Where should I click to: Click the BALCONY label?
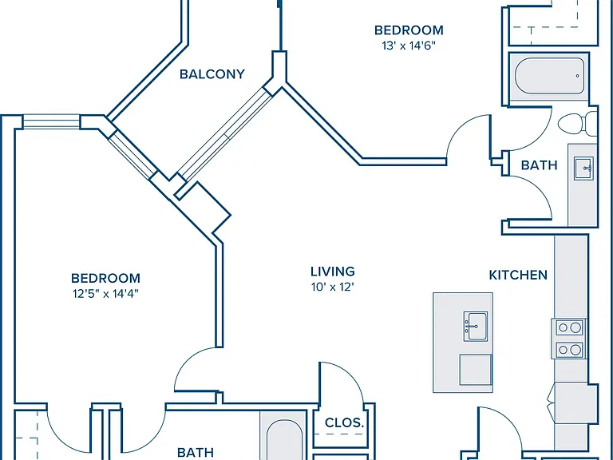[x=212, y=74]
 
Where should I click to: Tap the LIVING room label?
[x=333, y=272]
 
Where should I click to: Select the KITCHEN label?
[x=518, y=275]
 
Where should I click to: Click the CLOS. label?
[x=345, y=422]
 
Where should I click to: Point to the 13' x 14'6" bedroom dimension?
[x=409, y=46]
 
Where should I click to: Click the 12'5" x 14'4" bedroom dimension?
[x=105, y=294]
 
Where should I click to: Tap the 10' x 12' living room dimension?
[x=333, y=287]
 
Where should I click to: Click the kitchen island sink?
[x=476, y=326]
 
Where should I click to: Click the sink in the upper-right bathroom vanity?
[x=583, y=169]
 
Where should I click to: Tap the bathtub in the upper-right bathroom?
[x=550, y=76]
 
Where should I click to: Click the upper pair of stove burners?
[x=569, y=327]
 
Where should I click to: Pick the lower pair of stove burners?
[x=569, y=350]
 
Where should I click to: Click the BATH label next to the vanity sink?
[x=539, y=165]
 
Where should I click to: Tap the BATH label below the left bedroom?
[x=196, y=453]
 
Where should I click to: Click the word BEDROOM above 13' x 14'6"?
[x=409, y=30]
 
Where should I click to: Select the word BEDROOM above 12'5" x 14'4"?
[x=105, y=278]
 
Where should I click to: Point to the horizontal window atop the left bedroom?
[x=51, y=121]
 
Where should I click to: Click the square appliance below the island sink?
[x=476, y=370]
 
